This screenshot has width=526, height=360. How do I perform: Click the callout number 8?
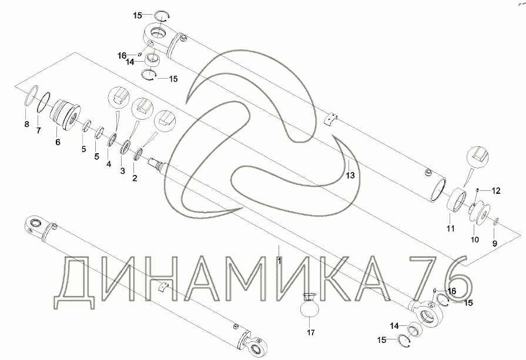(27, 125)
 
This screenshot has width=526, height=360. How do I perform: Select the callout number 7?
(39, 130)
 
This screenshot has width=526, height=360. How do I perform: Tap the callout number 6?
(58, 142)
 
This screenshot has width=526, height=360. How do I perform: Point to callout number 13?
(350, 176)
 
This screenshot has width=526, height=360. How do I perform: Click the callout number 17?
(311, 332)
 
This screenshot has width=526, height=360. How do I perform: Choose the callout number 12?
(496, 191)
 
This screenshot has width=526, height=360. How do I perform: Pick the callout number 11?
(450, 228)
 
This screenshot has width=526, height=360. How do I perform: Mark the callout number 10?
(475, 240)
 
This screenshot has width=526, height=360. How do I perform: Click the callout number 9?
(494, 244)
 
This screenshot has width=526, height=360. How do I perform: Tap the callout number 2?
(135, 179)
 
